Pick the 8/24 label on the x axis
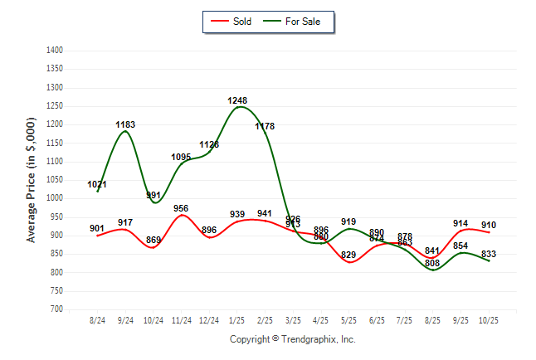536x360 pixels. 98,319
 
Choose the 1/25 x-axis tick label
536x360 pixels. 237,319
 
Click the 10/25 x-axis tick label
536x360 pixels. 489,319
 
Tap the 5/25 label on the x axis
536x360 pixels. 348,319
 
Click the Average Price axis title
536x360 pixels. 32,179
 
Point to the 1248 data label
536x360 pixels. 237,100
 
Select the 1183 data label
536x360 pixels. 125,124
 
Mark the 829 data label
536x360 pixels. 348,255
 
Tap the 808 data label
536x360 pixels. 432,263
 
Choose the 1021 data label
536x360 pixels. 97,184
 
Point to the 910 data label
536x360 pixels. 489,225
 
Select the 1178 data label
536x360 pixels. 265,126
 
